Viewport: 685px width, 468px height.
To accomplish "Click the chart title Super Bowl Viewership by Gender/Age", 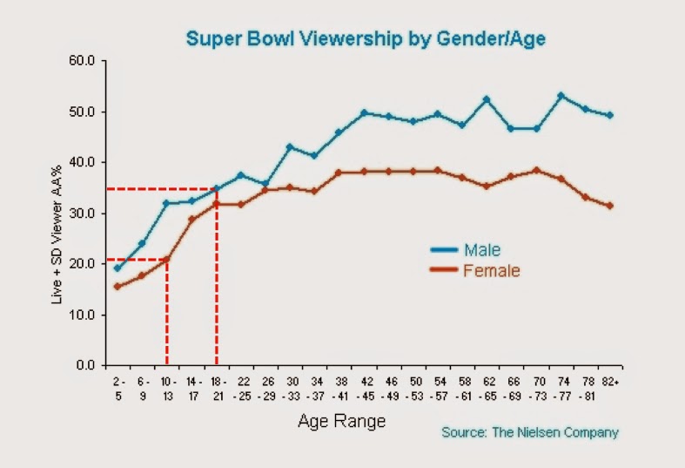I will click(366, 38).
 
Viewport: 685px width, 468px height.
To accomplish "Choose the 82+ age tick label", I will click(610, 382).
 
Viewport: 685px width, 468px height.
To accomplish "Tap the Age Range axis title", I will click(341, 422).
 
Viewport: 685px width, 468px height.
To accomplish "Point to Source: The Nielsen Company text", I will click(530, 432).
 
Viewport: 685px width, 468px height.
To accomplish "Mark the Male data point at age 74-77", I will click(561, 95).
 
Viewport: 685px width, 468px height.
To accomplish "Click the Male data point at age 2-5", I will click(118, 268).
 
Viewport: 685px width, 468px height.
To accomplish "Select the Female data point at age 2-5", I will click(118, 286).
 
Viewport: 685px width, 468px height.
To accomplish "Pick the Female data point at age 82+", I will click(610, 206).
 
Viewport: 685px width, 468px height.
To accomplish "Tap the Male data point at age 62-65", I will click(487, 99).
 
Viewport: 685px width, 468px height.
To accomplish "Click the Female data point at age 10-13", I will click(166, 259).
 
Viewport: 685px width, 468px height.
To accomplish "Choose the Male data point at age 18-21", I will click(216, 188).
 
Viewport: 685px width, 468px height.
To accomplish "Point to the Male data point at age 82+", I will click(610, 115).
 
